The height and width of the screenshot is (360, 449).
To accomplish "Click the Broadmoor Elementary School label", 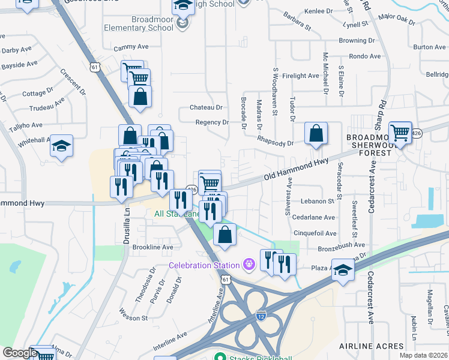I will point(139,23).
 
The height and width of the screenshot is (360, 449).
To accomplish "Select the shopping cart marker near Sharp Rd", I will point(400,132).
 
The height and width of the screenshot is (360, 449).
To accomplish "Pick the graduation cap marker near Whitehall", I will point(61,146).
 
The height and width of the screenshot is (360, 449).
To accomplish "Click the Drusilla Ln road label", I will point(127,221).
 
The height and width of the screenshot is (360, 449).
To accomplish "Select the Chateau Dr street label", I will point(206,107).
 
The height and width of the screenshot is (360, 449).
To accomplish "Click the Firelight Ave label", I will point(301,76).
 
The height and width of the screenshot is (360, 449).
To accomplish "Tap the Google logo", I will point(19,353).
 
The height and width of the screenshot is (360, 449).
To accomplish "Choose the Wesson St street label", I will point(133,317).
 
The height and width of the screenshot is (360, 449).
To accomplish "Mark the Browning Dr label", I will point(357,41).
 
